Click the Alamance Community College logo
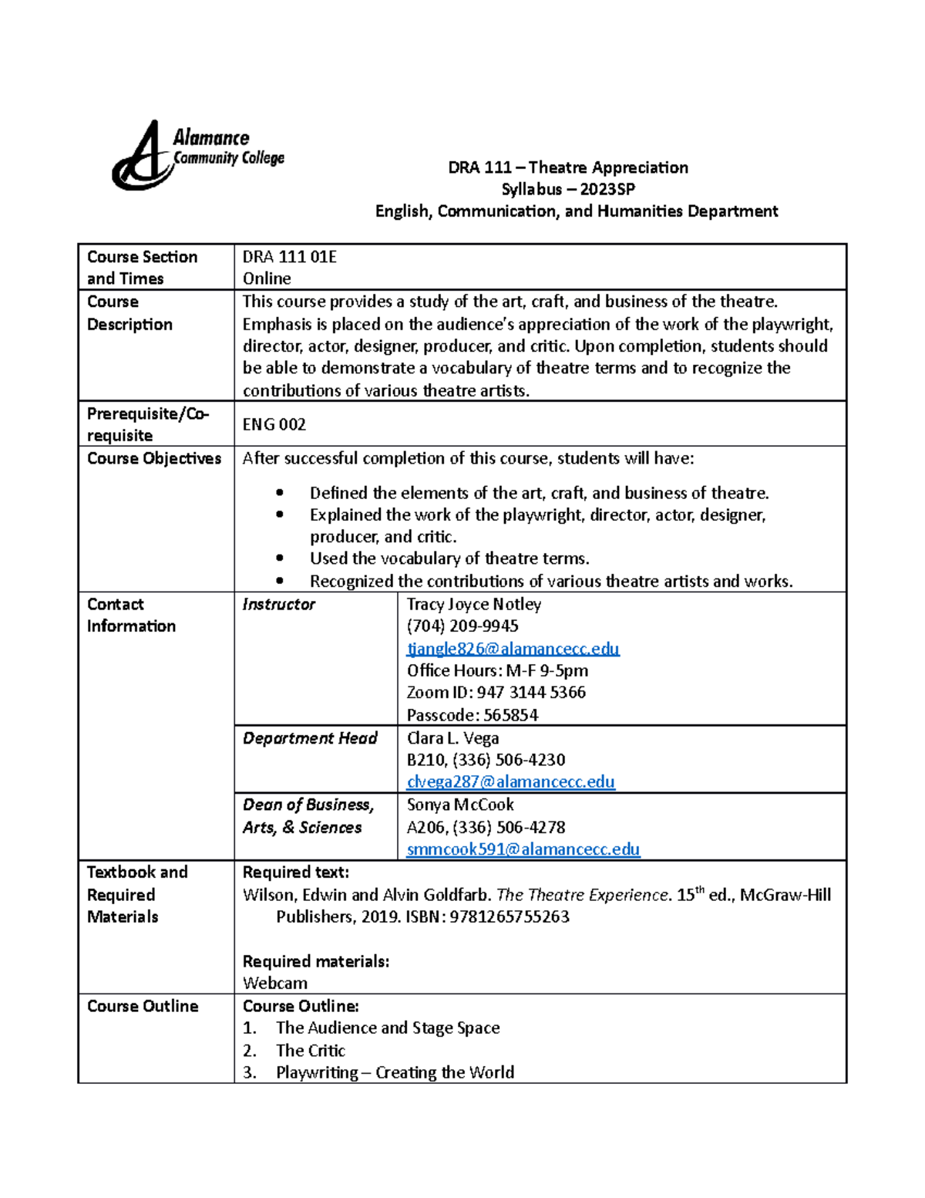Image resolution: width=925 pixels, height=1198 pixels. [x=197, y=155]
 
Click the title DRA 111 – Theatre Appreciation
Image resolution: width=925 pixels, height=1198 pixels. [x=568, y=167]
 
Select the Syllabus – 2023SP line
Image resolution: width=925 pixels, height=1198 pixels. [x=568, y=189]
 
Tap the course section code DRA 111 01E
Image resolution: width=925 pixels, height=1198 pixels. [x=289, y=257]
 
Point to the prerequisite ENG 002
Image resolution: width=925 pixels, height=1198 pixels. [x=274, y=424]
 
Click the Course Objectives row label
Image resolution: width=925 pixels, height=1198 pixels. [x=154, y=458]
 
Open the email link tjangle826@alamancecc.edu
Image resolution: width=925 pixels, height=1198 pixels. [x=513, y=649]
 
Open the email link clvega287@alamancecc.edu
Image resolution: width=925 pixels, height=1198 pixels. [x=510, y=781]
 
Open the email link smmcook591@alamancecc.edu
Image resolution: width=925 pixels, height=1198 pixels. [x=523, y=849]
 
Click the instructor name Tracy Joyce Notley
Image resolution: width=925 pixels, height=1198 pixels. [x=473, y=604]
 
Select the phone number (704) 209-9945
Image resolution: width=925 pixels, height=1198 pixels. [x=462, y=626]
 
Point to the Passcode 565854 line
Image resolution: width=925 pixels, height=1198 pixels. [x=472, y=715]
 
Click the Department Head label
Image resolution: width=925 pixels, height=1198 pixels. [x=310, y=738]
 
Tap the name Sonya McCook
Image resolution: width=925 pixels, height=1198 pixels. [x=459, y=805]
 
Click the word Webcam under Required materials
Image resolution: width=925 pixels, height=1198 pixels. [x=274, y=983]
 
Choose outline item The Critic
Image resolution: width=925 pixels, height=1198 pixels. [x=310, y=1050]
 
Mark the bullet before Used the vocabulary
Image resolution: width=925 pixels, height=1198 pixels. [x=279, y=559]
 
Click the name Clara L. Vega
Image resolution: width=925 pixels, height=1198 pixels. [x=452, y=738]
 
